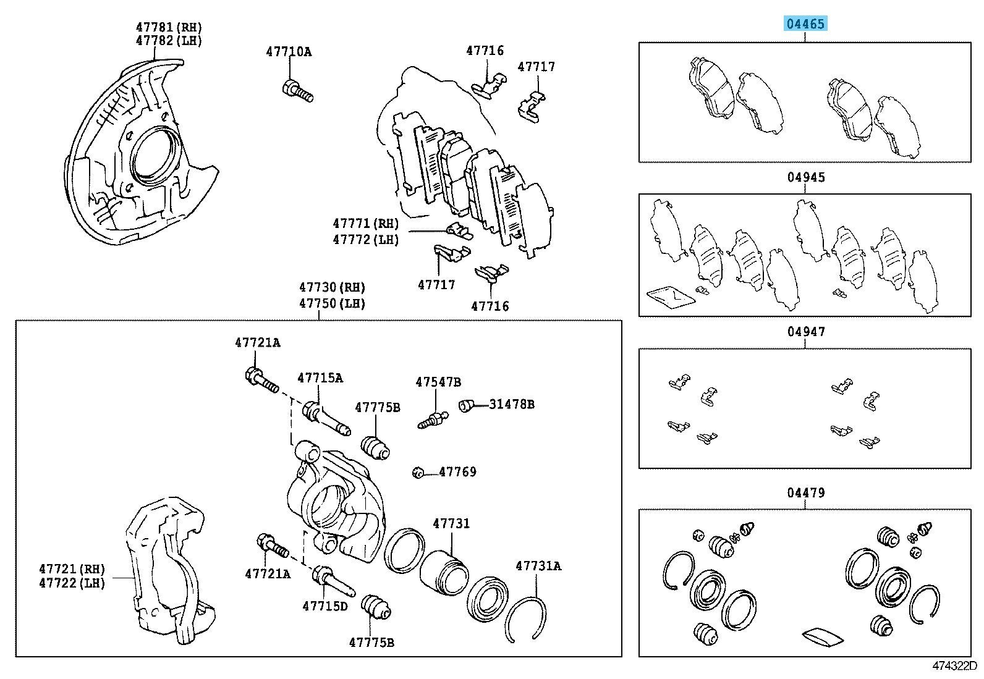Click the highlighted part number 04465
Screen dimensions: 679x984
coord(805,24)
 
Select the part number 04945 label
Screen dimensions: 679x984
coord(806,177)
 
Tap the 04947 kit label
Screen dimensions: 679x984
coord(806,332)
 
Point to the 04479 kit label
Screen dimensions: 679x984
coord(806,492)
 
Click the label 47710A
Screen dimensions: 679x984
coord(289,52)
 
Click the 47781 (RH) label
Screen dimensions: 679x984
coord(169,27)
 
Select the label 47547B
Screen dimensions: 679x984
coord(438,382)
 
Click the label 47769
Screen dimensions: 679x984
coord(457,472)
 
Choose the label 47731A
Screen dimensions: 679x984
coord(538,565)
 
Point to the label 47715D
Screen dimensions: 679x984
coord(325,606)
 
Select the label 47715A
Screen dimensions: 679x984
coord(320,378)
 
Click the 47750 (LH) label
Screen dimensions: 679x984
coord(333,303)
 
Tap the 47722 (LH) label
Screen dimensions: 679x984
coord(72,583)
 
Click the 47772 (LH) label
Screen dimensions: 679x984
coord(365,240)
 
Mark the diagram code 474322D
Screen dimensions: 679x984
coord(954,666)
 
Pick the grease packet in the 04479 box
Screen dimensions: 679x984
coord(820,636)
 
